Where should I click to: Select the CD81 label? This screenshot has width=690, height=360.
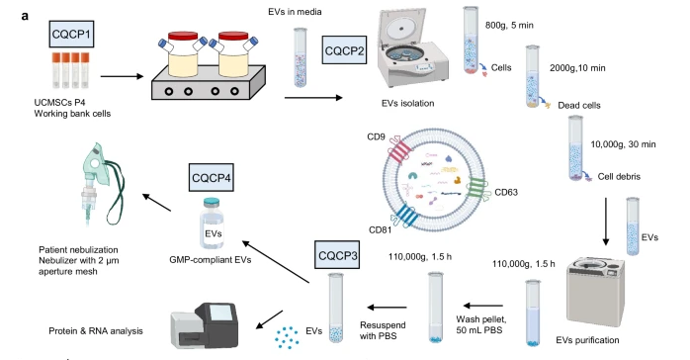382,230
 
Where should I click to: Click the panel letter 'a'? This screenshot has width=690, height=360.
8,8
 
